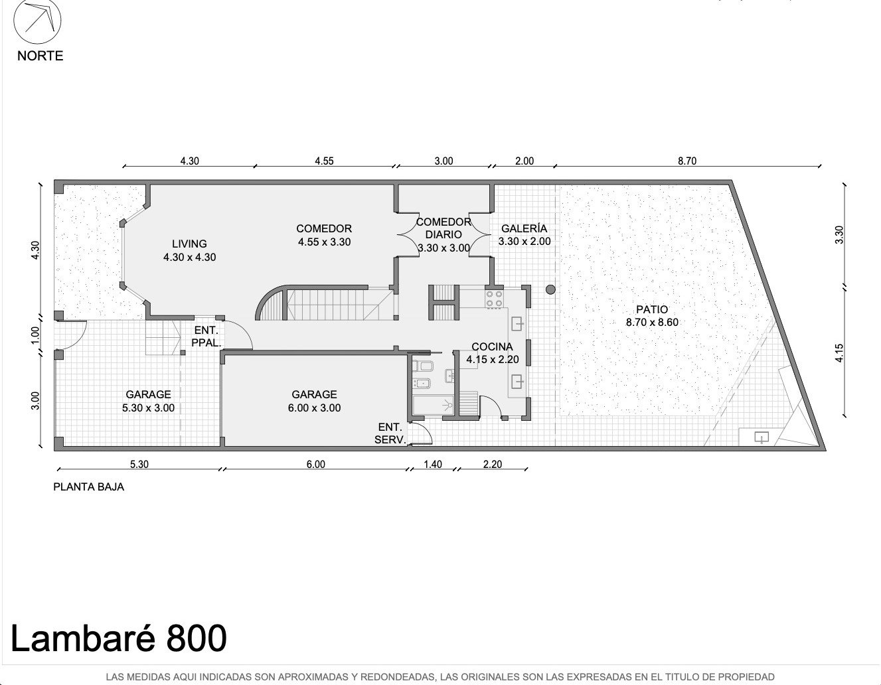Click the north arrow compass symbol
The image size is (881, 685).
tap(37, 21)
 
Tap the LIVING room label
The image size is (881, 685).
tap(189, 250)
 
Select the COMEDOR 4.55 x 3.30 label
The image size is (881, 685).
tap(324, 235)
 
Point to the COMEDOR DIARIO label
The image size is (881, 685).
tap(443, 234)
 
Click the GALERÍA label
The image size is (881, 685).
tap(524, 235)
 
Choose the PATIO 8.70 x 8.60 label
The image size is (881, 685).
tap(652, 316)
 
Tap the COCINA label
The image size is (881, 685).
tap(492, 352)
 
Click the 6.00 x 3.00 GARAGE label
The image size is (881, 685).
tap(314, 401)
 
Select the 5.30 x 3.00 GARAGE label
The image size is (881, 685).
tap(148, 401)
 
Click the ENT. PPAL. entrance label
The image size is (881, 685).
tap(206, 337)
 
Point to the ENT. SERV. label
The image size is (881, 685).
tap(390, 433)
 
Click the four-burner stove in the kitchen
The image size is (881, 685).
tap(494, 299)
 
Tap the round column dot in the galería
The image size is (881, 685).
tap(550, 289)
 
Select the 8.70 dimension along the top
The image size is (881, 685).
tap(687, 161)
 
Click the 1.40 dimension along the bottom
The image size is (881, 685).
tap(433, 464)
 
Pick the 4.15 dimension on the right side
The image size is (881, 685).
tap(839, 352)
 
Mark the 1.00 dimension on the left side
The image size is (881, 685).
tap(35, 335)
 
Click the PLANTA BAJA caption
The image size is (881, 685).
tap(88, 487)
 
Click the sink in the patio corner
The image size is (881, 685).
tap(761, 438)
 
